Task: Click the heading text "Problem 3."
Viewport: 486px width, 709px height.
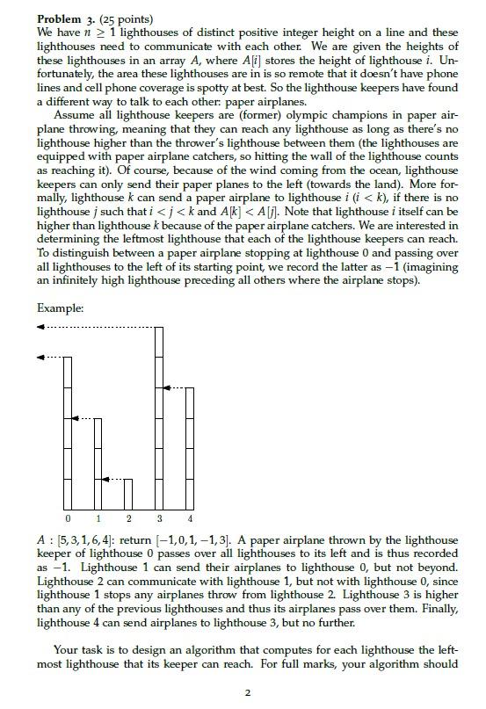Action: pyautogui.click(x=67, y=18)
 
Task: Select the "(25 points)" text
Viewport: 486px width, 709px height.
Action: pyautogui.click(x=128, y=18)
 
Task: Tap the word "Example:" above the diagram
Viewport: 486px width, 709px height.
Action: pyautogui.click(x=60, y=307)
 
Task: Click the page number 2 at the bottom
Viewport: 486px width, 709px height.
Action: pyautogui.click(x=248, y=692)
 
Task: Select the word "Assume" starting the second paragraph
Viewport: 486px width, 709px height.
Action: pyautogui.click(x=74, y=114)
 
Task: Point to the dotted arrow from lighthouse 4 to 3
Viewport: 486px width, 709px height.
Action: pyautogui.click(x=174, y=387)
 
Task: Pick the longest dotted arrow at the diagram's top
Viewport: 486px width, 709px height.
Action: pyautogui.click(x=97, y=327)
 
